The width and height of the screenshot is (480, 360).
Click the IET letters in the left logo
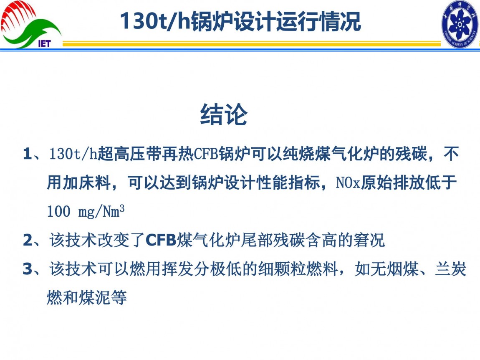pyautogui.click(x=44, y=43)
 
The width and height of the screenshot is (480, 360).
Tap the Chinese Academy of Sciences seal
pyautogui.click(x=460, y=24)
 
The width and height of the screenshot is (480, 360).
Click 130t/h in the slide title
pyautogui.click(x=154, y=21)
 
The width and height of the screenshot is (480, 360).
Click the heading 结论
pyautogui.click(x=224, y=114)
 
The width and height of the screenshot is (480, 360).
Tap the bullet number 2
pyautogui.click(x=28, y=240)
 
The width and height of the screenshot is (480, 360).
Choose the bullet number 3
pyautogui.click(x=28, y=269)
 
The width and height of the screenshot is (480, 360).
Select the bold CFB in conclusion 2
pyautogui.click(x=161, y=240)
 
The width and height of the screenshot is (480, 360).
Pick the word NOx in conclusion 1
pyautogui.click(x=348, y=183)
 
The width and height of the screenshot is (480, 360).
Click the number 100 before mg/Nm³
pyautogui.click(x=59, y=211)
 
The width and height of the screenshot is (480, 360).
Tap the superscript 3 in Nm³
pyautogui.click(x=122, y=208)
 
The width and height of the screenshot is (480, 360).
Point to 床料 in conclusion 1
pyautogui.click(x=95, y=183)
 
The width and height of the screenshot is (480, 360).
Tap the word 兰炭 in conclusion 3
pyautogui.click(x=451, y=269)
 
